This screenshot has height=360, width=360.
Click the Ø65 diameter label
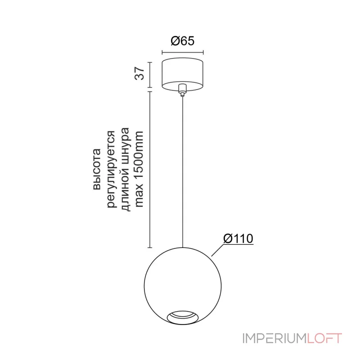[183, 41]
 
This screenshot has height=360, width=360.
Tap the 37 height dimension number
[139, 73]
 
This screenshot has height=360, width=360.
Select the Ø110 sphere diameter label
[238, 238]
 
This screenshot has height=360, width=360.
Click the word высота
[97, 170]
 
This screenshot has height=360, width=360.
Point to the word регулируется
[112, 170]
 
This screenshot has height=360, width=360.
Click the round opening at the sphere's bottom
[183, 318]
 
